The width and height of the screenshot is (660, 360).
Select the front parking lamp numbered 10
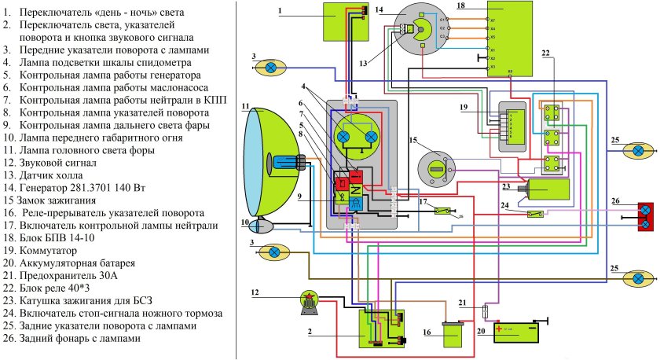[260, 203]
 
